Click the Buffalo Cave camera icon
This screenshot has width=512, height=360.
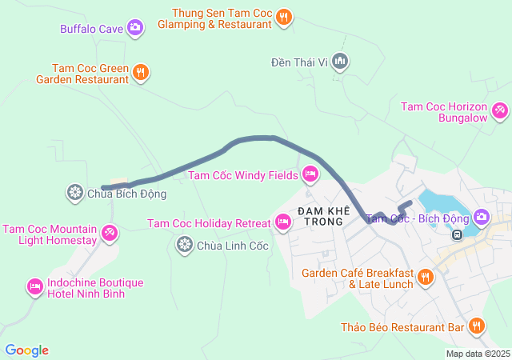135,28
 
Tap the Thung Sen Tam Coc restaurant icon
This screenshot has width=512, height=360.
284,17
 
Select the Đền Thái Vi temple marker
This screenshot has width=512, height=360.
340,61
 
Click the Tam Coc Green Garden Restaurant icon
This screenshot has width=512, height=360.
141,73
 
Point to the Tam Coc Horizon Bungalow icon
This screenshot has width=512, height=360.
500,110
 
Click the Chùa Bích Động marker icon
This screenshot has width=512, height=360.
74,193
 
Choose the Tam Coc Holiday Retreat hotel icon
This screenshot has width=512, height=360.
282,222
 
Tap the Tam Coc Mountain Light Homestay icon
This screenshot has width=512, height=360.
110,234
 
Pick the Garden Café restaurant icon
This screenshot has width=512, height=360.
425,278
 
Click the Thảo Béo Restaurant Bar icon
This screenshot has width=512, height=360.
477,326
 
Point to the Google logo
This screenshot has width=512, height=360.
26,350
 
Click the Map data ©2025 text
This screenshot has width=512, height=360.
478,354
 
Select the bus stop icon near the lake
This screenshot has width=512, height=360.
456,234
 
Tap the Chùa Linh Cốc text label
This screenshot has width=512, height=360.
234,246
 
